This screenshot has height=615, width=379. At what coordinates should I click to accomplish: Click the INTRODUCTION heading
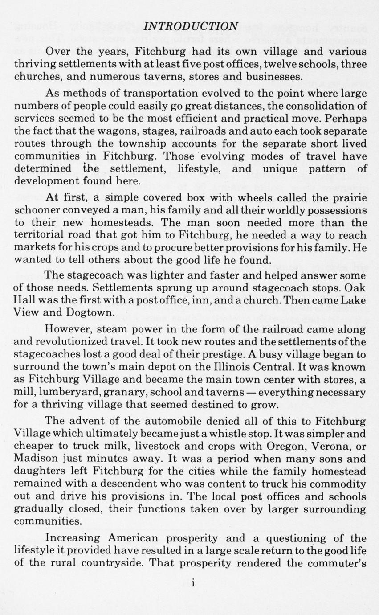192,26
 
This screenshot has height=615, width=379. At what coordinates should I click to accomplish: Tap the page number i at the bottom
193,584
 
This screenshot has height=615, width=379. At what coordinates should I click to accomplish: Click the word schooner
38,210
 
